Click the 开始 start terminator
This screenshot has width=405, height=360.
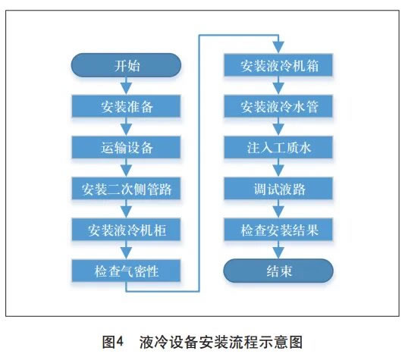click(x=126, y=65)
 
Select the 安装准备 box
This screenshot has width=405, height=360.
click(x=126, y=106)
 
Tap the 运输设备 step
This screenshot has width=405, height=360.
click(x=126, y=147)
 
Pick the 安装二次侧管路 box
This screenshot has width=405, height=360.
click(x=126, y=189)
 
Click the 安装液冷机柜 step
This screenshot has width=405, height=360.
click(x=126, y=230)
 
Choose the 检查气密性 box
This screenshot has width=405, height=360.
click(x=126, y=271)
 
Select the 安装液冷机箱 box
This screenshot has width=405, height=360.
click(x=278, y=65)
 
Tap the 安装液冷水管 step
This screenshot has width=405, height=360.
click(x=278, y=106)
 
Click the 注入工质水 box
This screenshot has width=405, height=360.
click(x=278, y=147)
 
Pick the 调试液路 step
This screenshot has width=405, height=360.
click(x=278, y=189)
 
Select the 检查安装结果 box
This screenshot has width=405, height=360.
click(x=278, y=230)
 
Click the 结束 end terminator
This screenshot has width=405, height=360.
click(x=278, y=271)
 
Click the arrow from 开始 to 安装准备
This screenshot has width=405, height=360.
click(x=126, y=86)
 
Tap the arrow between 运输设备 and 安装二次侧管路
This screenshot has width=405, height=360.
click(x=126, y=167)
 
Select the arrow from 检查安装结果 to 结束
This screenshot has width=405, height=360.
click(x=278, y=249)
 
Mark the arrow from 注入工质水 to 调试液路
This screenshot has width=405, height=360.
click(x=278, y=167)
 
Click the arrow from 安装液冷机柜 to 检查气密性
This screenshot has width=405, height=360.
click(x=126, y=250)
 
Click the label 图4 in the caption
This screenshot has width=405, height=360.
click(x=113, y=342)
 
